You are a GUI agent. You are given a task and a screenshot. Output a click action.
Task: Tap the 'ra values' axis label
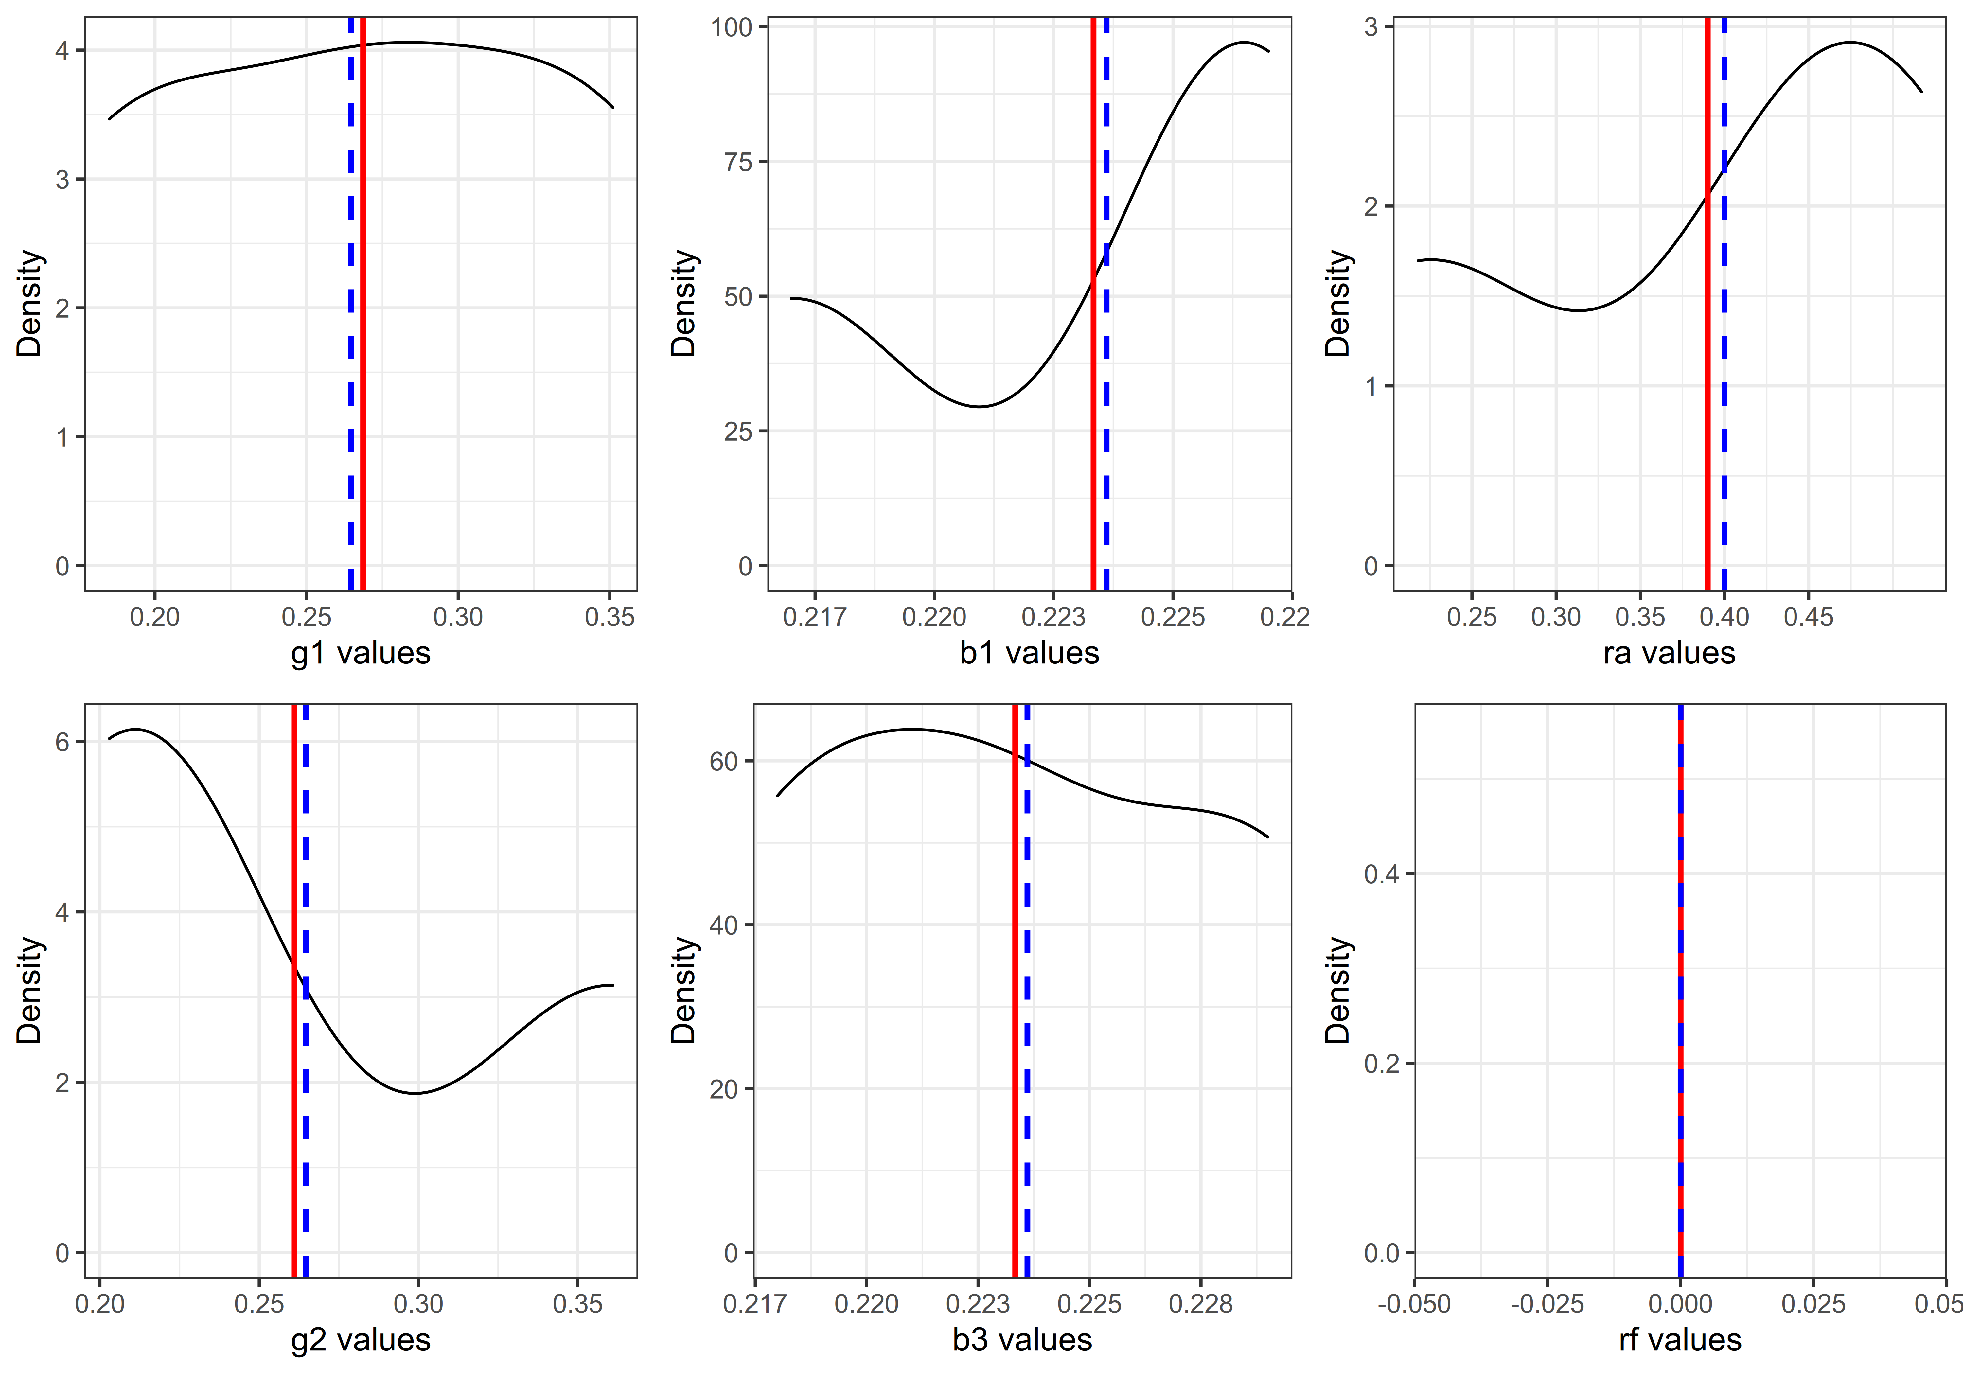(1669, 653)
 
